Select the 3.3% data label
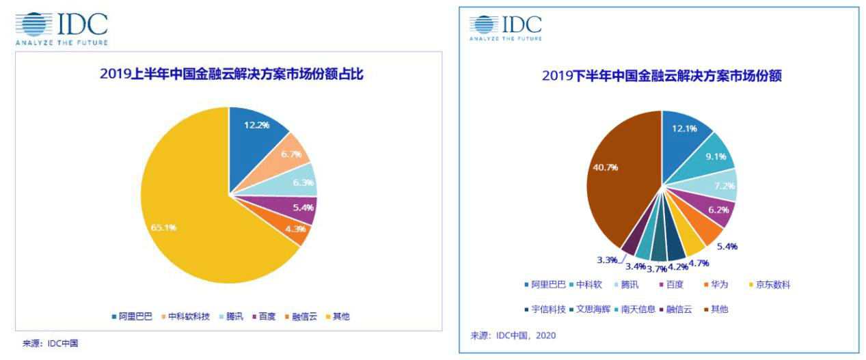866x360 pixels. (x=607, y=260)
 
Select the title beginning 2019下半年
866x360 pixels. (x=661, y=77)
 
